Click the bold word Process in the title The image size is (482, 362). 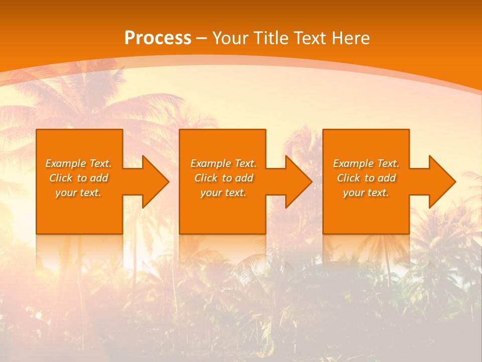158,38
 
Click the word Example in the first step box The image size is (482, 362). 66,163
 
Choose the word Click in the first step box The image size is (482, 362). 61,178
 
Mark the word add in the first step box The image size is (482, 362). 99,178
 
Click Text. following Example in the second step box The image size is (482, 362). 245,163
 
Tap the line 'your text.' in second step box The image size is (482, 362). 223,193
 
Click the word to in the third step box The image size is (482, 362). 370,178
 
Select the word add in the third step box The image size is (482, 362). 387,178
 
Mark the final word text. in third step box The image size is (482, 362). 378,193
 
